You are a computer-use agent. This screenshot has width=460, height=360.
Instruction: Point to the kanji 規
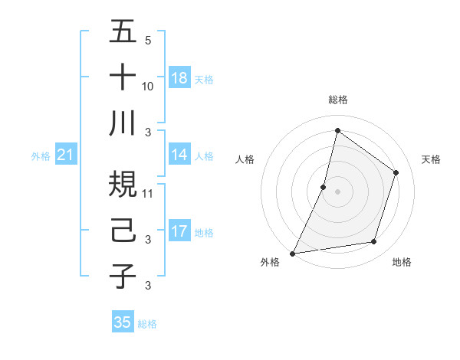click(123, 185)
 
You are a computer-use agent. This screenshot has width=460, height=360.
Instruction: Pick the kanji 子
click(123, 276)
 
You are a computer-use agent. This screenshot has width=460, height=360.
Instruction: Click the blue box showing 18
click(179, 78)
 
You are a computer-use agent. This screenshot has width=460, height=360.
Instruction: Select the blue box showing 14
click(179, 155)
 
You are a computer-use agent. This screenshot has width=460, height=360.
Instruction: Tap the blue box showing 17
click(179, 231)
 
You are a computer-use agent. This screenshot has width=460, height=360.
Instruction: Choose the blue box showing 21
click(65, 155)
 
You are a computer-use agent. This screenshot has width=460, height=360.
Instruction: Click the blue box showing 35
click(123, 322)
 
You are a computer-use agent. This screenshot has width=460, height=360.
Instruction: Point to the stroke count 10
click(148, 86)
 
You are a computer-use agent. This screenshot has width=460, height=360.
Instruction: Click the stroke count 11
click(148, 193)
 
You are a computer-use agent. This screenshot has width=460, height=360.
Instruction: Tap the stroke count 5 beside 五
click(148, 40)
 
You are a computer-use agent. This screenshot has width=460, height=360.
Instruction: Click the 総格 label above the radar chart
click(337, 100)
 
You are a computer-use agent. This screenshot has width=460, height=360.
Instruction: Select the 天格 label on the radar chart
click(431, 159)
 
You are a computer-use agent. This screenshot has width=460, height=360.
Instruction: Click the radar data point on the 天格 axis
click(396, 172)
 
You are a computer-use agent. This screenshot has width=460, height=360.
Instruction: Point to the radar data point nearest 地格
click(374, 242)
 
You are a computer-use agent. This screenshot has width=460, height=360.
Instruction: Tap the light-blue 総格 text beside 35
click(147, 323)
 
